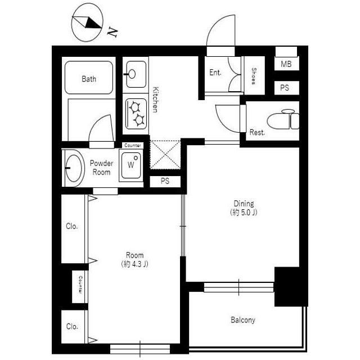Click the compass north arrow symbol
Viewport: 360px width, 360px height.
click(87, 23)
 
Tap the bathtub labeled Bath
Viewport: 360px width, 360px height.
click(89, 78)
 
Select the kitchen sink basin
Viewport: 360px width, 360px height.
click(136, 74)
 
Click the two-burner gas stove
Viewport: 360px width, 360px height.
click(136, 114)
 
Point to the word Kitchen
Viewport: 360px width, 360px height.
click(155, 100)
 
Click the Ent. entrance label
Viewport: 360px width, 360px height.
click(215, 73)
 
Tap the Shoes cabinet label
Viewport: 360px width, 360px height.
click(254, 76)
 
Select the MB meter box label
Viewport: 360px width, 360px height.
click(286, 64)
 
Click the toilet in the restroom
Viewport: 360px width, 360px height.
click(283, 119)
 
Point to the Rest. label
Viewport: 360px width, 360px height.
click(257, 132)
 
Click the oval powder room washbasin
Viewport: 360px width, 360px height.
click(73, 168)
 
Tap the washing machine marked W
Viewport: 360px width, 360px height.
click(131, 165)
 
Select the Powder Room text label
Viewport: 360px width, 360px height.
click(101, 168)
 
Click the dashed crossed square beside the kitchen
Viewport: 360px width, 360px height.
click(165, 155)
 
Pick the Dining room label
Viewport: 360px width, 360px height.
click(244, 204)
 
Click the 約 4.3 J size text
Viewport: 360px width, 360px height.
click(135, 264)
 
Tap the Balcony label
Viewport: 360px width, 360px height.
click(243, 320)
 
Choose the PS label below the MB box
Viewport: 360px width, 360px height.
click(285, 88)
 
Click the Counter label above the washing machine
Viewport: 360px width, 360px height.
click(133, 145)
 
